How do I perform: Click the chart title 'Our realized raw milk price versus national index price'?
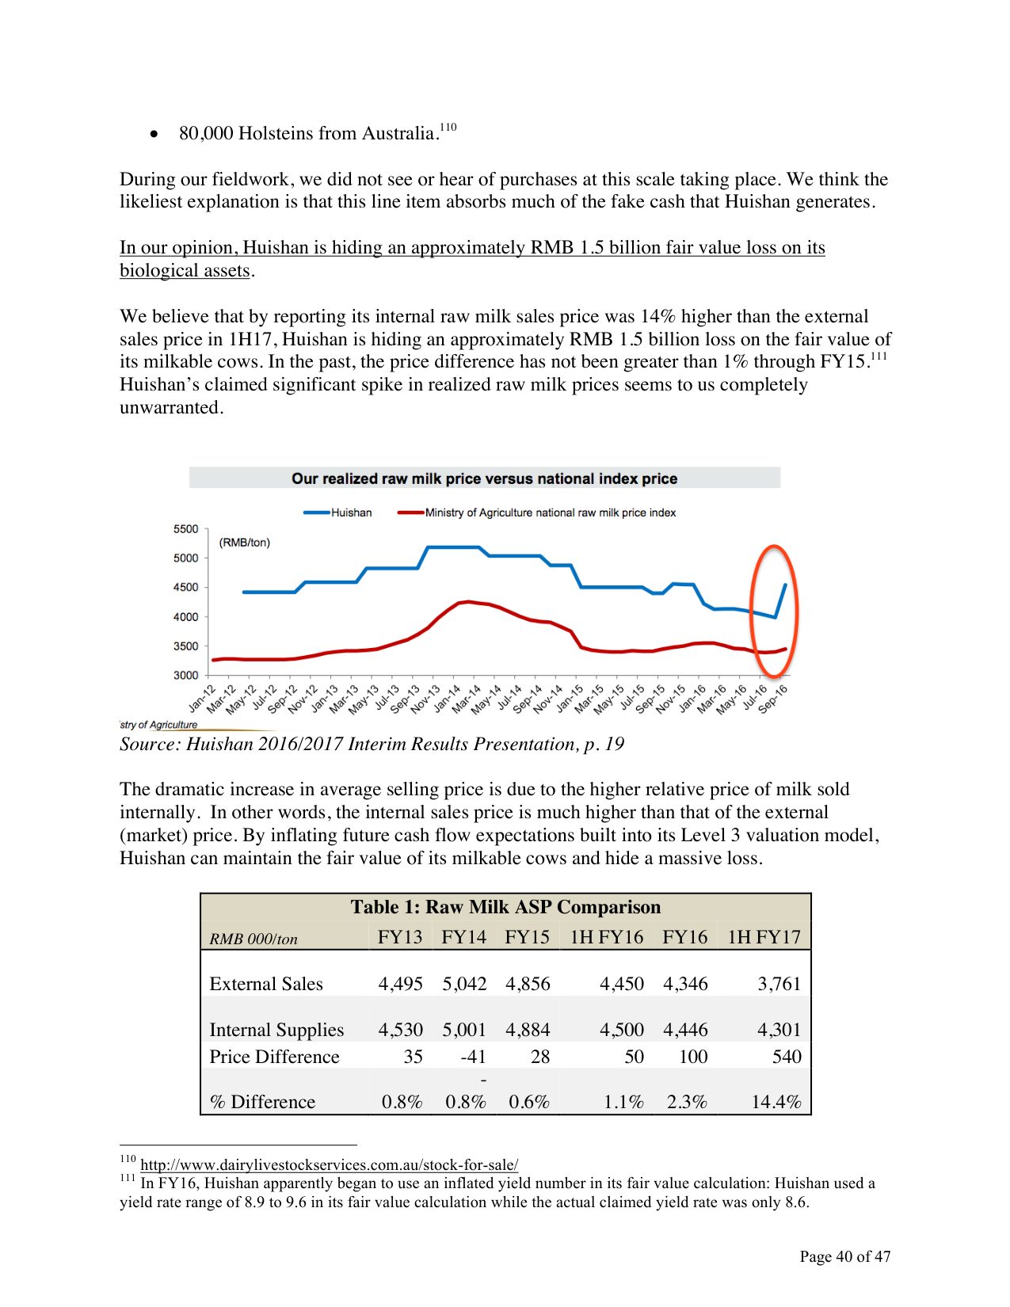tap(484, 478)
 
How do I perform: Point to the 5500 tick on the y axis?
tap(186, 529)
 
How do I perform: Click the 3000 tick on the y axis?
tap(186, 675)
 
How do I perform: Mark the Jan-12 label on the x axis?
tap(201, 697)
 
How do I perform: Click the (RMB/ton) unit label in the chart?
tap(244, 543)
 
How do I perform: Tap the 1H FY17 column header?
tap(764, 937)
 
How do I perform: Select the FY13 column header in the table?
tap(400, 937)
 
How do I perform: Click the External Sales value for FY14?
tap(464, 984)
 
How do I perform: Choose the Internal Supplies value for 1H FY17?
tap(779, 1030)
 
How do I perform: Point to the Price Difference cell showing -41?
tap(473, 1057)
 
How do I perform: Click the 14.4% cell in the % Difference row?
tap(776, 1102)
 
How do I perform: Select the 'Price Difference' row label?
tap(274, 1057)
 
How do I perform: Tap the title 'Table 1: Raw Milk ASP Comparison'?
tap(505, 907)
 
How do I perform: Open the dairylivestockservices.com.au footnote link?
tap(330, 1164)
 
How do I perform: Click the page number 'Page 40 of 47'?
tap(844, 1256)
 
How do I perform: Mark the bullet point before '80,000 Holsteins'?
tap(154, 134)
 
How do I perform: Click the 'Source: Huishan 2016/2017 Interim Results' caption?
tap(372, 744)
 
